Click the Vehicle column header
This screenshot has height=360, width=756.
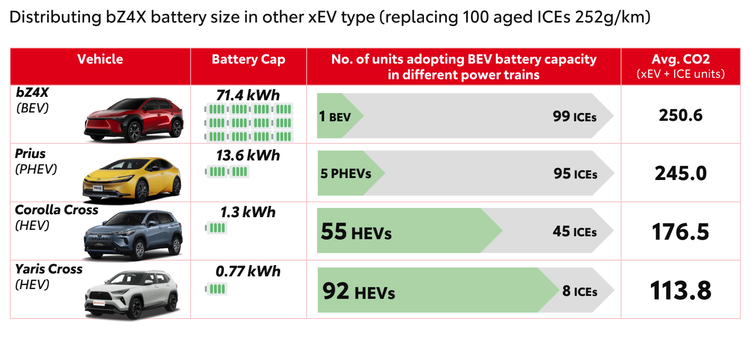[x=100, y=60]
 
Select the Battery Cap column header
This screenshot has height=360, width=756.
[x=248, y=60]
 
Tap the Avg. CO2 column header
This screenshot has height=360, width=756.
[x=681, y=60]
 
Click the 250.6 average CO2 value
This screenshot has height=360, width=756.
[x=681, y=115]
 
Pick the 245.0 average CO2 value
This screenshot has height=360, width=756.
[x=681, y=173]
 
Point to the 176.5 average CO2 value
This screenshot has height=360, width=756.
[x=681, y=231]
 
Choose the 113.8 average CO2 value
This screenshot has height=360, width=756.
[x=681, y=290]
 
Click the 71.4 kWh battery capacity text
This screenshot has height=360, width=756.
[x=248, y=95]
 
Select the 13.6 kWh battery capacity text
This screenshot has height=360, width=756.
[x=248, y=155]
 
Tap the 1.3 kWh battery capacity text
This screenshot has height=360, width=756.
[x=248, y=212]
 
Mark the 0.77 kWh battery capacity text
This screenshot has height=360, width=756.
[x=248, y=271]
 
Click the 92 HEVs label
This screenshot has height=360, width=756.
[x=358, y=292]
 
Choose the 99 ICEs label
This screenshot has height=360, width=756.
[x=575, y=116]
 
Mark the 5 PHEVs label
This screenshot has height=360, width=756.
[x=346, y=174]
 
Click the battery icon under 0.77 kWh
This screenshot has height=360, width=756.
[x=216, y=289]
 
